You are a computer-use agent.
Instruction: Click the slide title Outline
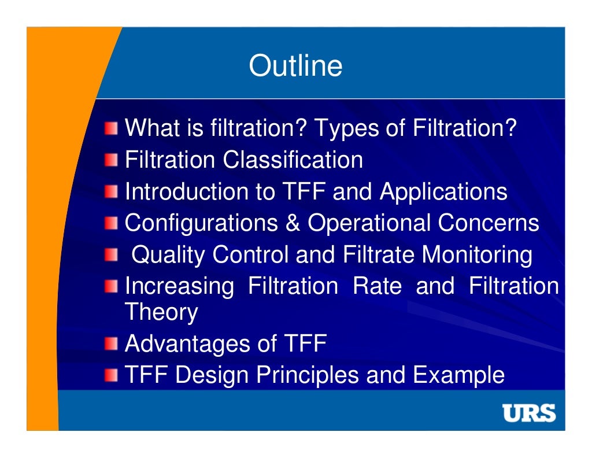[295, 66]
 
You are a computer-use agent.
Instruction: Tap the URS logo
[528, 413]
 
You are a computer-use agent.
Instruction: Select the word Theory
[161, 312]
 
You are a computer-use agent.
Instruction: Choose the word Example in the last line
[458, 375]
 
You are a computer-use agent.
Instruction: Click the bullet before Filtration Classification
[111, 160]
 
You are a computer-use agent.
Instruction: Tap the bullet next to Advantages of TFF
[111, 345]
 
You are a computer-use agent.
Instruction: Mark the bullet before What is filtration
[111, 128]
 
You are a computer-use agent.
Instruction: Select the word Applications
[443, 191]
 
